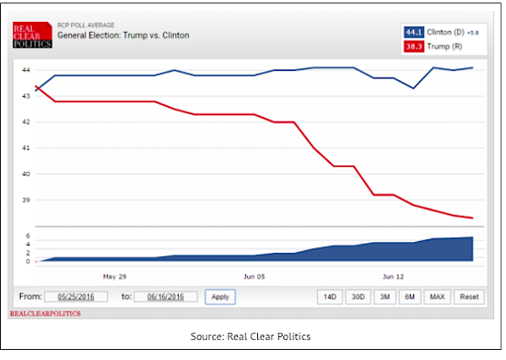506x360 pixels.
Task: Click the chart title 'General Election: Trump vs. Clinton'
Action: (x=123, y=35)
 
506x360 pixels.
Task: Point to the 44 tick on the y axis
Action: (x=25, y=70)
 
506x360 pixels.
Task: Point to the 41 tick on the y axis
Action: (x=25, y=148)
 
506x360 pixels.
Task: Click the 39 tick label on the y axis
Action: (x=25, y=201)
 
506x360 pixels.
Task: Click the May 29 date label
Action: (x=115, y=277)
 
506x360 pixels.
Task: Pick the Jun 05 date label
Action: (x=255, y=277)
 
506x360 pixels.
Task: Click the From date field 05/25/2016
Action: (x=78, y=297)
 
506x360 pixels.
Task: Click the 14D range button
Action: (x=330, y=297)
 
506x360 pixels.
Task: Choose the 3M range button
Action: (x=384, y=297)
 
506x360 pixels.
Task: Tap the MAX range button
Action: (x=437, y=297)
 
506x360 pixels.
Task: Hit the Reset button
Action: (x=469, y=297)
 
